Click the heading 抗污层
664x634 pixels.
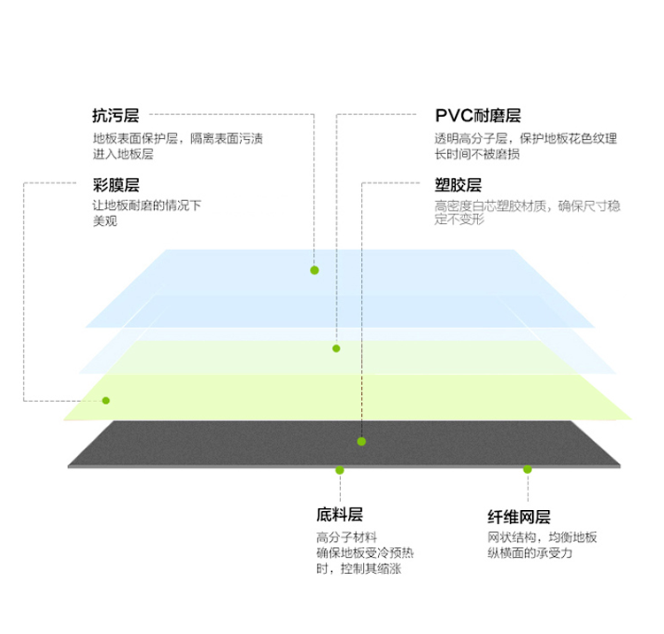116,115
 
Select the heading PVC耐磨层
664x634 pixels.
478,115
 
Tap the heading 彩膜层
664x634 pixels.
116,185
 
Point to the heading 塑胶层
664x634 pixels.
458,185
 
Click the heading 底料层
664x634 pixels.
339,514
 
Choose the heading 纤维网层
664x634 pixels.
519,517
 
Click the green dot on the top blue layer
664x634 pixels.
314,270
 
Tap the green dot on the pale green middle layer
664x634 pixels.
336,349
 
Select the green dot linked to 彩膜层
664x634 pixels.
106,400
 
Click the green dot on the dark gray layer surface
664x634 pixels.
361,441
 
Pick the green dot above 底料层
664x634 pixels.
340,470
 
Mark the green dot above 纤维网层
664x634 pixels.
528,469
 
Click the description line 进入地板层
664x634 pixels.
123,154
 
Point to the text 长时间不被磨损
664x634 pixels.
477,154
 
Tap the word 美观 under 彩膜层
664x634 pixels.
104,220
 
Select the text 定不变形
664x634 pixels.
459,220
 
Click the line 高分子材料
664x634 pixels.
346,537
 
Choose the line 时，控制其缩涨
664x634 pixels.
359,568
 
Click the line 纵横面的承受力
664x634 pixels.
529,553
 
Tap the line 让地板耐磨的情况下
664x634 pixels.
147,205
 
